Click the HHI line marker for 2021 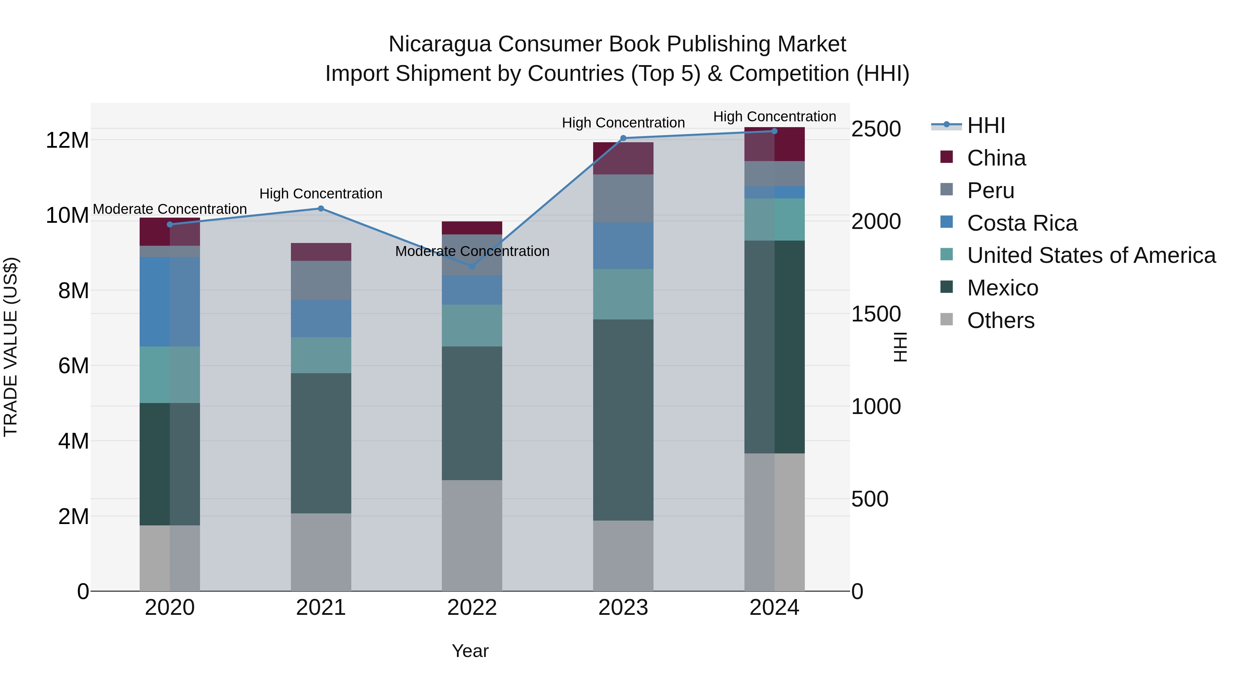point(321,208)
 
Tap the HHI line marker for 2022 point(472,266)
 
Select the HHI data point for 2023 point(623,138)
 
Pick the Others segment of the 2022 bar point(472,535)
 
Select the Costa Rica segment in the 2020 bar point(170,301)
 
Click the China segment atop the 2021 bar point(321,252)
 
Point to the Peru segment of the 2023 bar point(623,198)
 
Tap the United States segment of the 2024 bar point(774,219)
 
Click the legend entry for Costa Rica point(1022,223)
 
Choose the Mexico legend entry point(1002,288)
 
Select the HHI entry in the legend point(986,125)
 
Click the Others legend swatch point(946,319)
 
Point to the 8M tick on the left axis point(73,291)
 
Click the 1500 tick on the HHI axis point(876,314)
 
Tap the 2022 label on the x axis point(472,608)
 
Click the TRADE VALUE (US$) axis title point(11,347)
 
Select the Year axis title point(470,651)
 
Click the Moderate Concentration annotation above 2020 point(170,209)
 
